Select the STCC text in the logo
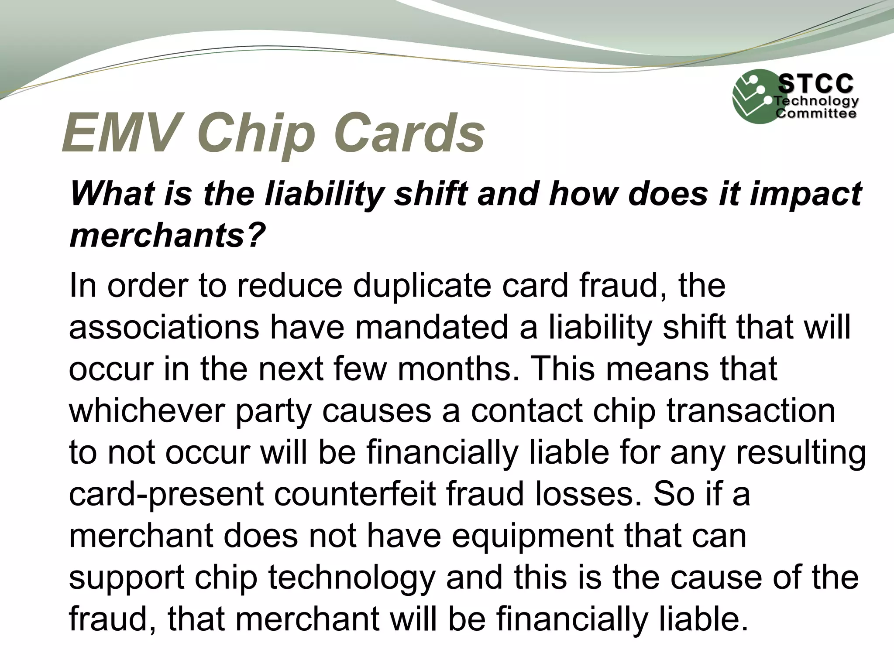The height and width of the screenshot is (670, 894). click(x=815, y=84)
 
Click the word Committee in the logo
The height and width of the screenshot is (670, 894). click(x=815, y=114)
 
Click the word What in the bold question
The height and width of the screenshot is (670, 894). click(x=112, y=194)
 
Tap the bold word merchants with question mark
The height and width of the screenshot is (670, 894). click(x=168, y=236)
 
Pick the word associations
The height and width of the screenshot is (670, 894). click(x=164, y=327)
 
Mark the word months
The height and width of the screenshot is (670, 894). click(x=456, y=369)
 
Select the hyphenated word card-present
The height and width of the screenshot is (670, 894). click(x=166, y=494)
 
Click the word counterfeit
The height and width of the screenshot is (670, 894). click(x=355, y=494)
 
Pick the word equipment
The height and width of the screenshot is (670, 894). click(x=533, y=536)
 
